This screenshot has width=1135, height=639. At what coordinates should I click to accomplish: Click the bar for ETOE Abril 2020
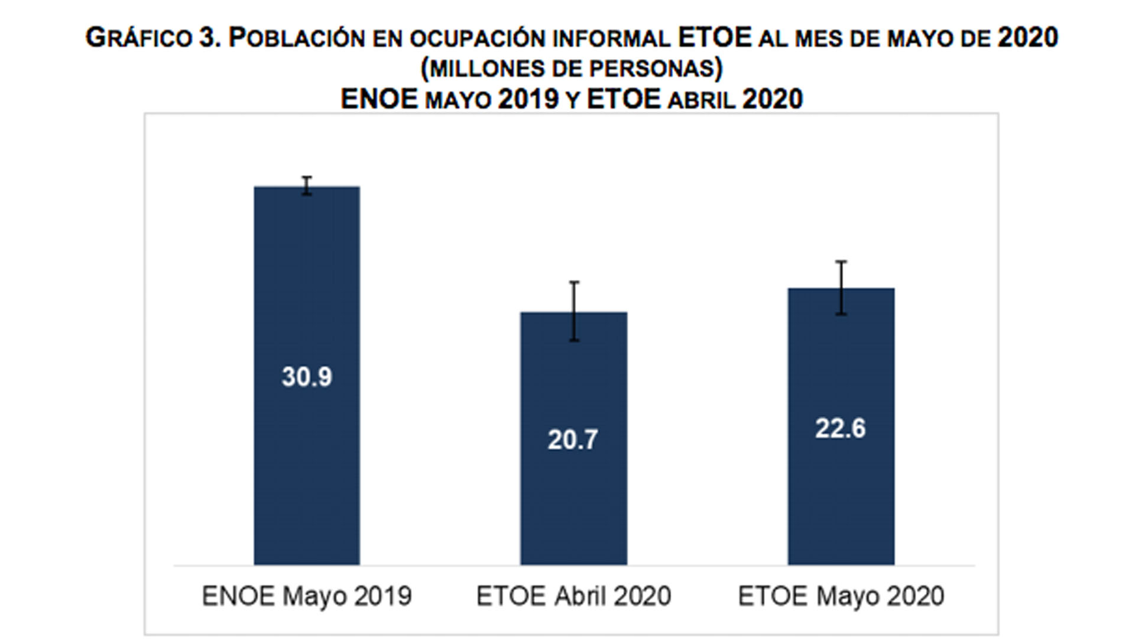tap(573, 503)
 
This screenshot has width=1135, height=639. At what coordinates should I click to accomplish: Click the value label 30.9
tap(307, 377)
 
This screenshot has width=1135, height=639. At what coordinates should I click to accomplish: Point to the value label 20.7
tap(572, 440)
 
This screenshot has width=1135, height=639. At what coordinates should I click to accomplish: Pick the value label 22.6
tap(840, 428)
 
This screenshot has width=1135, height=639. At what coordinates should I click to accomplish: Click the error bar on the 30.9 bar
tap(307, 186)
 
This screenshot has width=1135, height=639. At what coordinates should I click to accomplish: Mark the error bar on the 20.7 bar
tap(574, 311)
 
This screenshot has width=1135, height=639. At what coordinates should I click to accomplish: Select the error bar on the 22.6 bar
tap(841, 288)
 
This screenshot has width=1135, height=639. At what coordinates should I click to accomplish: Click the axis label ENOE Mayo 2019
tap(307, 596)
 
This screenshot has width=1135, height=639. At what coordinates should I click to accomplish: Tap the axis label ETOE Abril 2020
tap(573, 596)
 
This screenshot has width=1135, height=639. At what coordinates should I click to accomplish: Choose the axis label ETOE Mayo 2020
tap(841, 596)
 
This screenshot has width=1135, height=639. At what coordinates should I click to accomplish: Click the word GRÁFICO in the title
tap(139, 38)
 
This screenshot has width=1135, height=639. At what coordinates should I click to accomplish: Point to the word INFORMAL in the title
tap(611, 38)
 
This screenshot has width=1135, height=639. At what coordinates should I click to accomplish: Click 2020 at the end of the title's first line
tap(1027, 38)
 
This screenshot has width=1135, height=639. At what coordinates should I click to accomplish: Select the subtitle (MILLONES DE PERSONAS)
tap(572, 69)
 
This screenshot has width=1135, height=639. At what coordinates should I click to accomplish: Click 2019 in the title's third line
tap(528, 99)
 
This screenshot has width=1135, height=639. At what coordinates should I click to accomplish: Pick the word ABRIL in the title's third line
tap(702, 100)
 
